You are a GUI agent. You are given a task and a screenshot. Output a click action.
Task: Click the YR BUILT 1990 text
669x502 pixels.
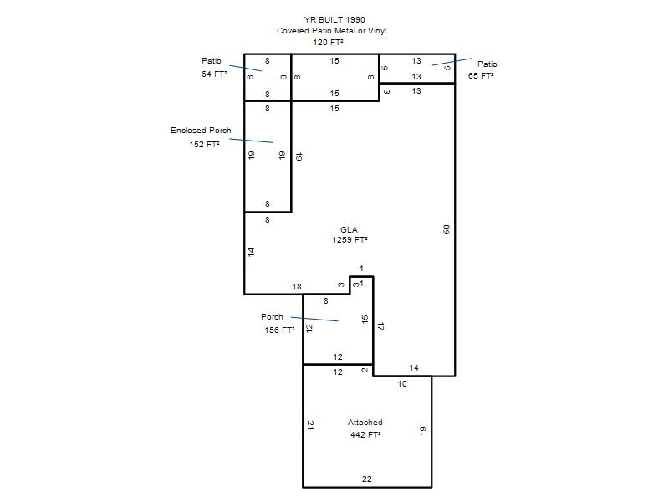[334, 19]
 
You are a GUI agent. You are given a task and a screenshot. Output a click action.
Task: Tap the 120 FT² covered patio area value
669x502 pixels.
[328, 42]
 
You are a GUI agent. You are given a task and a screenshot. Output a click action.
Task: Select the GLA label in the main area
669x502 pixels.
[349, 229]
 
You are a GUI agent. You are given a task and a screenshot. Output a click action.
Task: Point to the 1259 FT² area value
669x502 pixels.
[350, 240]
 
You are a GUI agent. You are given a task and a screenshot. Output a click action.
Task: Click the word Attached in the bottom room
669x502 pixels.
[365, 423]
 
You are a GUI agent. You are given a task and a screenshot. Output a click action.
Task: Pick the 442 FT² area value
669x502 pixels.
[365, 434]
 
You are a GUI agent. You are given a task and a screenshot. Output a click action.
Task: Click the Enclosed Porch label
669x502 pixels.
[201, 131]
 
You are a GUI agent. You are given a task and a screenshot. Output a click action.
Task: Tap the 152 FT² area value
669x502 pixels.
[204, 144]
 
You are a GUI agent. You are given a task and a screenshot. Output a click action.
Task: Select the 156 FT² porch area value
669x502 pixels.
[279, 330]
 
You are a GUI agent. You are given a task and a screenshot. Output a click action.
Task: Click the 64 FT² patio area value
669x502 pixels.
[214, 74]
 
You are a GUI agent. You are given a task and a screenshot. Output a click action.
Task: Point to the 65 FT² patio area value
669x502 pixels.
[481, 75]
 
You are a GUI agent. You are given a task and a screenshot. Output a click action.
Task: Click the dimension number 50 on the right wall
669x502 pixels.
[447, 229]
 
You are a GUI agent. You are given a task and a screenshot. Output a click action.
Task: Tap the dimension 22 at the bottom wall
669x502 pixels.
[367, 479]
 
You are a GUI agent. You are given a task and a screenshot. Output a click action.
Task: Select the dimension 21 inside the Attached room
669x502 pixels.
[310, 425]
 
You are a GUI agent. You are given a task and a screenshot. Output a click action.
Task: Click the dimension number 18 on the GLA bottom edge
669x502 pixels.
[297, 286]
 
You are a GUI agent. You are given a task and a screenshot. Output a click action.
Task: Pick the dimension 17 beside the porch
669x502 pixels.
[381, 326]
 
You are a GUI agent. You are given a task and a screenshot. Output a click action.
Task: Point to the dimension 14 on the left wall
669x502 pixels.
[252, 252]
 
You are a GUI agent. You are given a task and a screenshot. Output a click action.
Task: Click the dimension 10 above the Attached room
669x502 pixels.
[402, 384]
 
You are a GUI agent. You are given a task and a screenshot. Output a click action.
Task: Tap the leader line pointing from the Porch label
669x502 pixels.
[315, 319]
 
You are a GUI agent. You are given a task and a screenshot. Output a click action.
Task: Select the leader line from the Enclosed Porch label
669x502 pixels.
[252, 141]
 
